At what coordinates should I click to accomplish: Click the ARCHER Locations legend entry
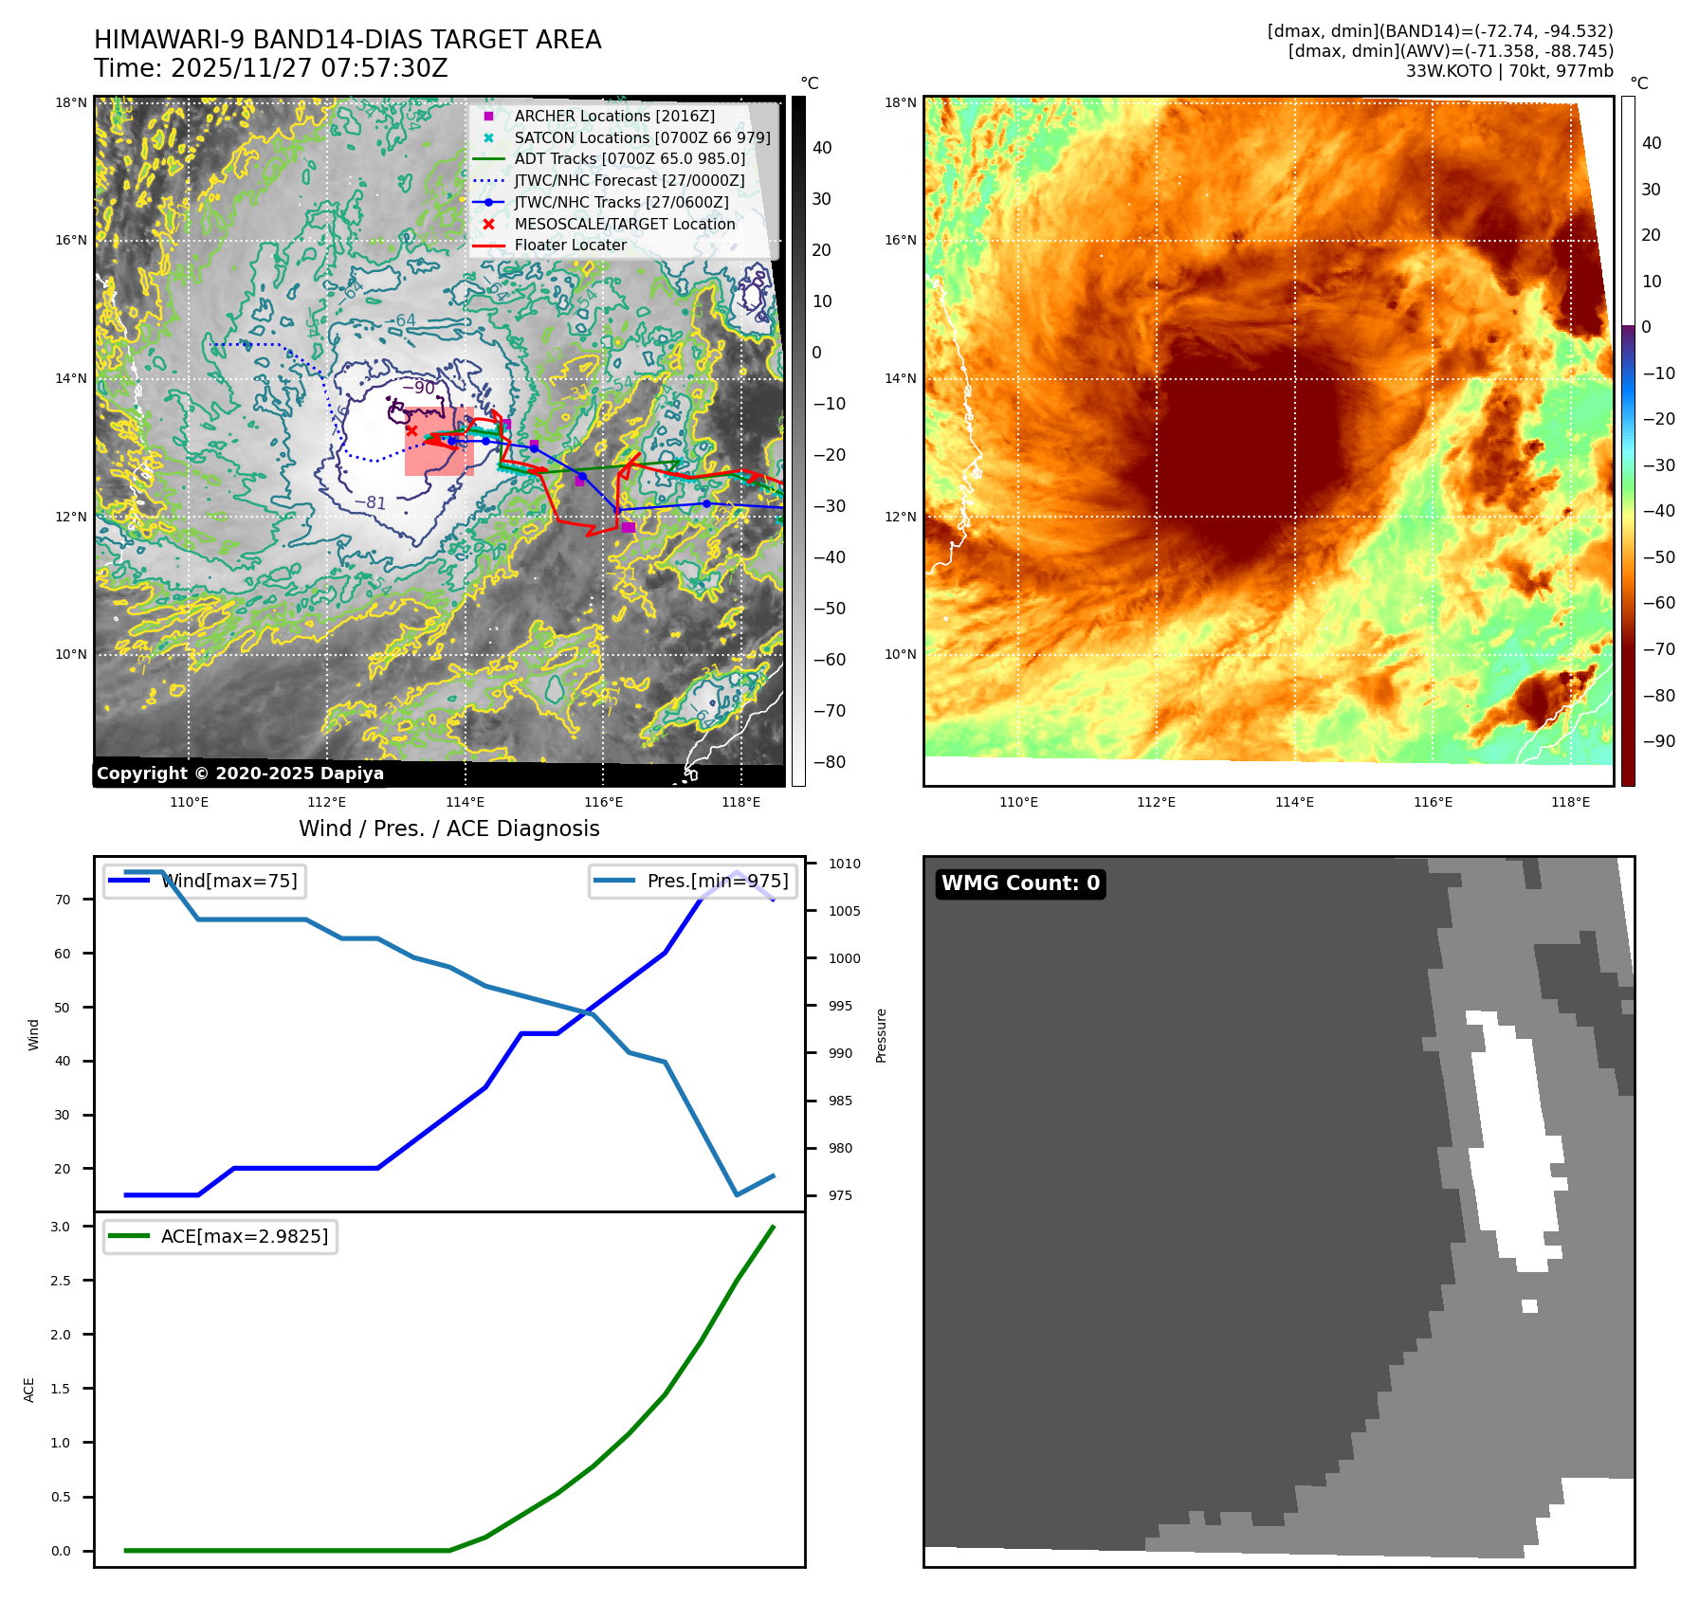(x=614, y=116)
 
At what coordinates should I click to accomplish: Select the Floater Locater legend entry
(x=570, y=245)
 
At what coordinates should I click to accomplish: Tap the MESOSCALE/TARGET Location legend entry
(x=624, y=224)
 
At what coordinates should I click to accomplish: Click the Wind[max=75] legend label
(x=229, y=881)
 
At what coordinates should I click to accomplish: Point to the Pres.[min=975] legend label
(x=717, y=881)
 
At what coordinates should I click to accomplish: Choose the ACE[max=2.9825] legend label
(x=245, y=1236)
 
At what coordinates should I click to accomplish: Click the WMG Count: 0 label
(x=1020, y=883)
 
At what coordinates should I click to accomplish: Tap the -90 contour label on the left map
(x=418, y=388)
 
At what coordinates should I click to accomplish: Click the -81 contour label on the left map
(x=370, y=502)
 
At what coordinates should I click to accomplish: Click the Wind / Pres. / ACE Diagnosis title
(x=448, y=828)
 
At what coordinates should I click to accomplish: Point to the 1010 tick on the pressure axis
(x=844, y=864)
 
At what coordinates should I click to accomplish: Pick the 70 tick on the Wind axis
(x=63, y=900)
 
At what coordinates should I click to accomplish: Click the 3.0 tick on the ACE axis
(x=61, y=1227)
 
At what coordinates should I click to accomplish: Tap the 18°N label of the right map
(x=900, y=102)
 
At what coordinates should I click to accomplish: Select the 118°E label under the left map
(x=740, y=802)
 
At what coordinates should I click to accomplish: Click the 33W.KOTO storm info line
(x=1508, y=71)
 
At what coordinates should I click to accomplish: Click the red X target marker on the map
(x=411, y=430)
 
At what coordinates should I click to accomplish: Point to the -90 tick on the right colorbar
(x=1658, y=741)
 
